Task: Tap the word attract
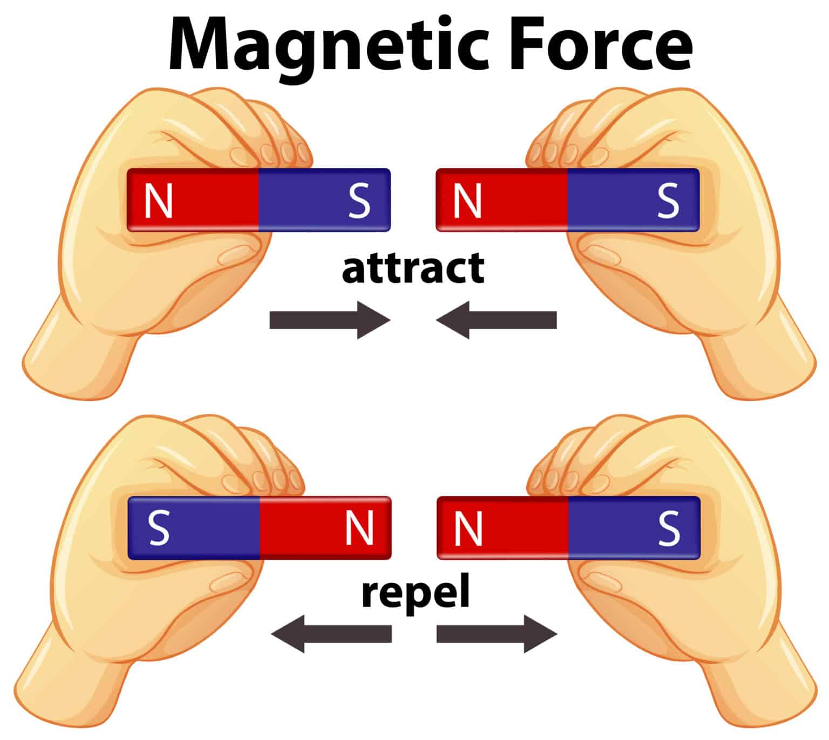pyautogui.click(x=413, y=268)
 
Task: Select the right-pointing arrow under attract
pyautogui.click(x=330, y=320)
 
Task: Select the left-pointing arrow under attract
pyautogui.click(x=496, y=320)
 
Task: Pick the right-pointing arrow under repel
pyautogui.click(x=497, y=634)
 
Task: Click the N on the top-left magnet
pyautogui.click(x=158, y=201)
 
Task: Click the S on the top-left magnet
pyautogui.click(x=359, y=201)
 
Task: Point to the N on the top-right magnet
pyautogui.click(x=467, y=201)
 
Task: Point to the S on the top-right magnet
pyautogui.click(x=668, y=201)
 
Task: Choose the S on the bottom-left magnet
pyautogui.click(x=159, y=528)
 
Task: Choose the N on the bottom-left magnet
pyautogui.click(x=359, y=528)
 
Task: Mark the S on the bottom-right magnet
pyautogui.click(x=669, y=528)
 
